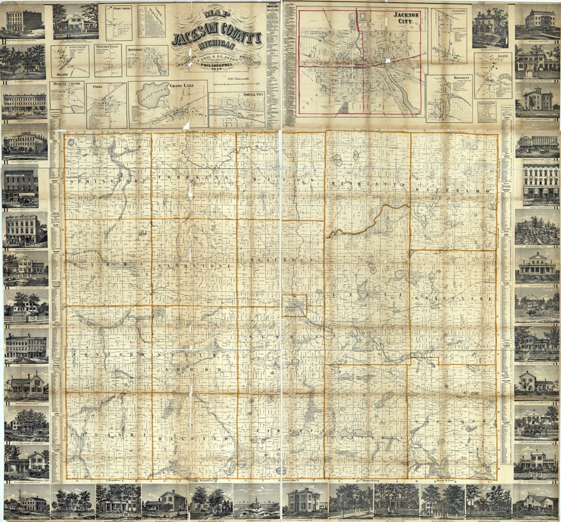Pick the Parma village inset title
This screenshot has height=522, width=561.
[97, 88]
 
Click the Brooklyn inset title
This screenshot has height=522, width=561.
[461, 79]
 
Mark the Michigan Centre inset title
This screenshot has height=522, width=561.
[66, 84]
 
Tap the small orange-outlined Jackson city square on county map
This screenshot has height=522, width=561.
[295, 306]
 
